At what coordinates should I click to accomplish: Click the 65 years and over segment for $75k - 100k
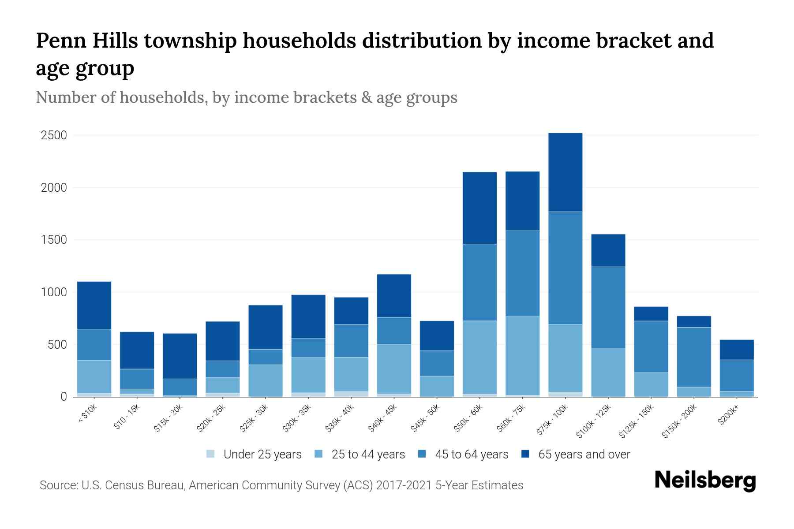(565, 172)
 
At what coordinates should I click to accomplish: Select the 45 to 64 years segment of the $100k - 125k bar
(608, 308)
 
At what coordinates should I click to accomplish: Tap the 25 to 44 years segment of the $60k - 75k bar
(522, 356)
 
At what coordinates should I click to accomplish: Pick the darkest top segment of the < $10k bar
(94, 305)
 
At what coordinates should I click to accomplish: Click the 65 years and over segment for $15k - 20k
(180, 356)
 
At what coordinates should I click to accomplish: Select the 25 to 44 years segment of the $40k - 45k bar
(394, 369)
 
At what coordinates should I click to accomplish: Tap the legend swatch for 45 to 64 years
(422, 454)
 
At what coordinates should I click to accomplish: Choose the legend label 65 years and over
(584, 454)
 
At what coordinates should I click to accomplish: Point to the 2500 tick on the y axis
(53, 135)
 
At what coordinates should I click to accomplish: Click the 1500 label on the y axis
(53, 240)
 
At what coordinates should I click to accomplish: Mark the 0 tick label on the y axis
(64, 397)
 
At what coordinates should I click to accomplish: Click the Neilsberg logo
(705, 481)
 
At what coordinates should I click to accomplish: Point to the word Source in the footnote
(57, 485)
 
